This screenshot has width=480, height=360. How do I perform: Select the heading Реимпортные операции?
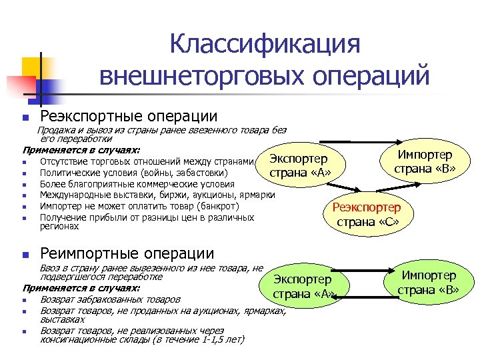click(x=127, y=253)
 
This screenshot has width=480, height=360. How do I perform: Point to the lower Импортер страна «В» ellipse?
click(x=429, y=282)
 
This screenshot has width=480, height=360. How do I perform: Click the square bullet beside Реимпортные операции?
click(x=25, y=254)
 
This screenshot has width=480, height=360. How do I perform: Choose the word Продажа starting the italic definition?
click(x=56, y=130)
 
